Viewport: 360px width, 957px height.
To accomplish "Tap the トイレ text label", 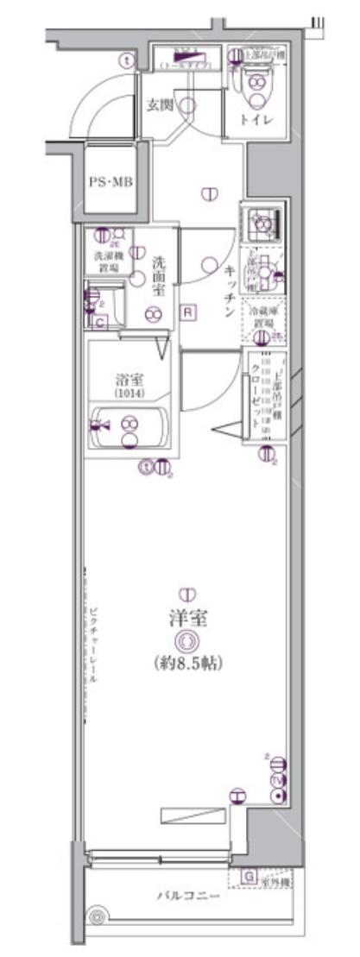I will (257, 119).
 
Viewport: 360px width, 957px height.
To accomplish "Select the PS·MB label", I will (110, 182).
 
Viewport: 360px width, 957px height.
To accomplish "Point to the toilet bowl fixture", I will (257, 85).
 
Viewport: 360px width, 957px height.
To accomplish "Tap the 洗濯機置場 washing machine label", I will (108, 261).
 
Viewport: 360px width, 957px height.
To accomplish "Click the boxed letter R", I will (187, 312).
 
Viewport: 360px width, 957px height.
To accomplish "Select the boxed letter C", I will (100, 323).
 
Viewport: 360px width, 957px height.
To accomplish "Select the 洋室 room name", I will (185, 618).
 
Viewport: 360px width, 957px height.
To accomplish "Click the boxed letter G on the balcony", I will (248, 878).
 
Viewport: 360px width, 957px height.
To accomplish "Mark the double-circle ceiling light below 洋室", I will (185, 640).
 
